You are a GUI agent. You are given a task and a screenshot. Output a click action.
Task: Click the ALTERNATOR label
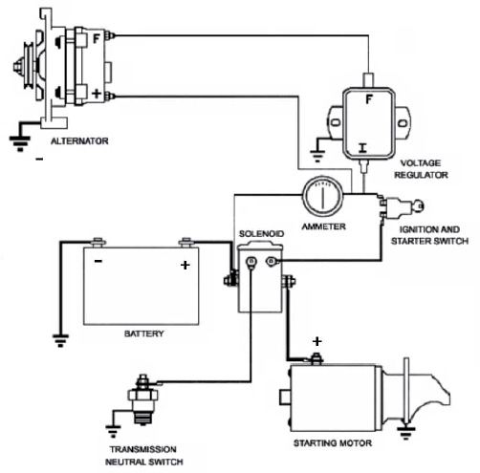click(x=79, y=141)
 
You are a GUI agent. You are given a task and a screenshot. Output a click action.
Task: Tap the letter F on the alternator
click(x=97, y=39)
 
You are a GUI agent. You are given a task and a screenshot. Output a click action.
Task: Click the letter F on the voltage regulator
click(x=369, y=99)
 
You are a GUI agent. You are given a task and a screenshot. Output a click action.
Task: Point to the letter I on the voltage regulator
click(x=362, y=148)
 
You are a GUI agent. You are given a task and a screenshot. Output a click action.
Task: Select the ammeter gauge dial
click(x=323, y=197)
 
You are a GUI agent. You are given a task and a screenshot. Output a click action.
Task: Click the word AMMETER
click(x=323, y=226)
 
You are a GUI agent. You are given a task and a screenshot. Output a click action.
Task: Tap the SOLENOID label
click(x=261, y=234)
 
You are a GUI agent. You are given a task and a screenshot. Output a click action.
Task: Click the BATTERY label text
click(x=143, y=333)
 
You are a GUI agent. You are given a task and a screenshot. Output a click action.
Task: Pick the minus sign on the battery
click(x=98, y=261)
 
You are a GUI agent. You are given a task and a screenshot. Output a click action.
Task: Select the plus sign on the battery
click(x=185, y=265)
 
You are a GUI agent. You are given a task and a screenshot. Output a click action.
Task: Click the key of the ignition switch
click(x=418, y=206)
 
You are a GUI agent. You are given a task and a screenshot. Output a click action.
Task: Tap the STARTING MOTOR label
click(x=333, y=443)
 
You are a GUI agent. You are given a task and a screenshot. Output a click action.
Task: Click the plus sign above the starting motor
click(x=316, y=341)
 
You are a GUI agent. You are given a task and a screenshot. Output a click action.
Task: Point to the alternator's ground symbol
click(x=20, y=142)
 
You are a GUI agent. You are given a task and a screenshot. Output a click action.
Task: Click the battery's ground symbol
click(x=60, y=340)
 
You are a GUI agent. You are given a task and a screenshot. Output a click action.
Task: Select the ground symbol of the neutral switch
click(x=113, y=431)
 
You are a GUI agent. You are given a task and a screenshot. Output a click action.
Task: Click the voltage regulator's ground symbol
click(x=317, y=156)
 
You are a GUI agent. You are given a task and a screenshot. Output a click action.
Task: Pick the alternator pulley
click(x=30, y=66)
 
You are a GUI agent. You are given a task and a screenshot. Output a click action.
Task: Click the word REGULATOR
click(x=421, y=175)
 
